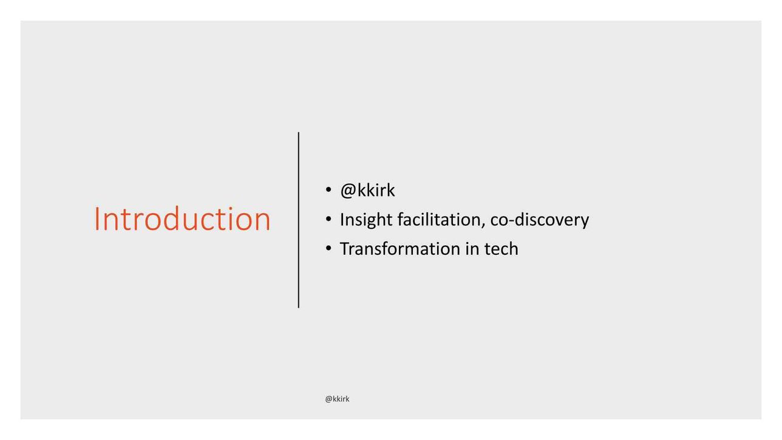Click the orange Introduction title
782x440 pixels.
tap(182, 218)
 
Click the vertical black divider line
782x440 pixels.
tap(299, 220)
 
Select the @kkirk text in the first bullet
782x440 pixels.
tap(367, 191)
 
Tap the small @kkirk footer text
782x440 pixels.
tap(337, 399)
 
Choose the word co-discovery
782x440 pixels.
tap(539, 220)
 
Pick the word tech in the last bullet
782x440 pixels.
tap(501, 249)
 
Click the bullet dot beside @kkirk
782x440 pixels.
tap(328, 190)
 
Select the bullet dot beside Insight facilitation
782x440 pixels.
tap(328, 220)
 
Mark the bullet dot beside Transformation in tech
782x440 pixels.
tap(328, 248)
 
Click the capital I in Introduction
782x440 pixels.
tap(96, 219)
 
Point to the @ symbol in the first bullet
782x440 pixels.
tap(348, 191)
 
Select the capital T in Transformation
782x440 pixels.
tap(345, 249)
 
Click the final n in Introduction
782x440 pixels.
tap(263, 223)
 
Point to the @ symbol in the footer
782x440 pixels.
tap(328, 399)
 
